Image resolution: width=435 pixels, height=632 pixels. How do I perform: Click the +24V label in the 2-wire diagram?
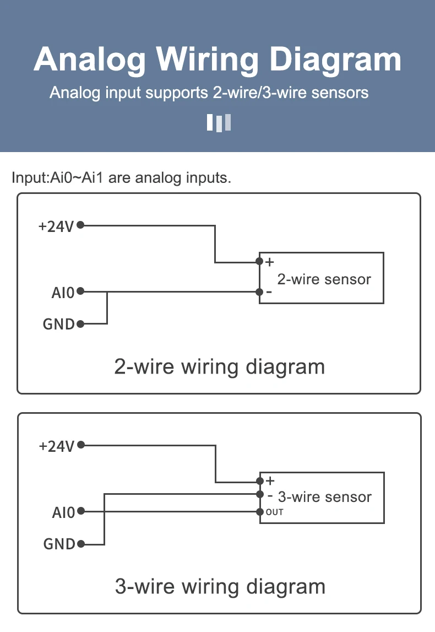coord(56,226)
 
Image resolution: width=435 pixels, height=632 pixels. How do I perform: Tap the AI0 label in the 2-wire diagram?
coord(63,293)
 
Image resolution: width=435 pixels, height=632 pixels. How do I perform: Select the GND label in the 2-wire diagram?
coord(59,325)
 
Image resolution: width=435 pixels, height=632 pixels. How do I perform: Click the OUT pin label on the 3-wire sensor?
coord(275,512)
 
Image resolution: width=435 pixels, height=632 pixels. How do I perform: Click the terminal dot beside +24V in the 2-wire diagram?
coord(80,225)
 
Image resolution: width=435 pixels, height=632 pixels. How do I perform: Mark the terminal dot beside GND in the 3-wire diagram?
coord(81,544)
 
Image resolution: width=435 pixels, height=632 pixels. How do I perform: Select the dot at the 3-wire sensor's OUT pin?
coord(260,512)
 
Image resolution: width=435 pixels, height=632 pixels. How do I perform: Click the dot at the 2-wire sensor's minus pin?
coord(259,291)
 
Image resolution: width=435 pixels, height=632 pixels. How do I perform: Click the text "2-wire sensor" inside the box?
coord(324,279)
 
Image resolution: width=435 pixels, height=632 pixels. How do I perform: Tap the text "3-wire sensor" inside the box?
coord(325,497)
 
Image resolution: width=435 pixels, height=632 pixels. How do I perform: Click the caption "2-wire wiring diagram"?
coord(219,366)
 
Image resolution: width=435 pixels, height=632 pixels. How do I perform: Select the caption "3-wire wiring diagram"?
coord(220,586)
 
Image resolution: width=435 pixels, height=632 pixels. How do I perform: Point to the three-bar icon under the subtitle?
coord(219,122)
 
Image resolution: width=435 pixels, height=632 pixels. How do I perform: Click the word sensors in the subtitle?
coord(340,92)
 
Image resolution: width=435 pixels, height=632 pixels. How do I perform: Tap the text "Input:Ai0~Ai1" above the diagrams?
coord(58,179)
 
